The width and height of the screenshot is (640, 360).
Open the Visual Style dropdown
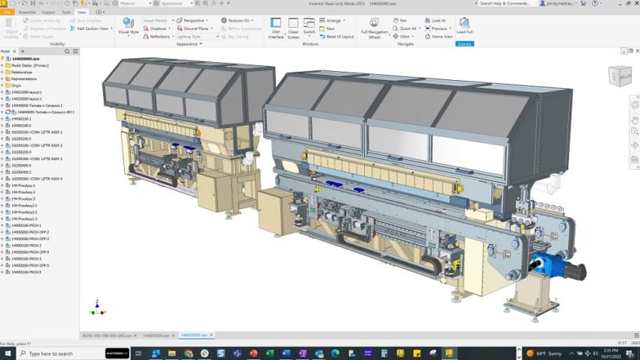[128, 27]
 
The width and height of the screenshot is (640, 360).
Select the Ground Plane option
[195, 28]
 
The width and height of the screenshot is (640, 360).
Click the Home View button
[442, 36]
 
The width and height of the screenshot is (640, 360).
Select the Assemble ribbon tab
[27, 12]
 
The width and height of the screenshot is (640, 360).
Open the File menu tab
[7, 12]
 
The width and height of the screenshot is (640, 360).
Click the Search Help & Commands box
[509, 3]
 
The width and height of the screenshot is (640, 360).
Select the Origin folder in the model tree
[16, 86]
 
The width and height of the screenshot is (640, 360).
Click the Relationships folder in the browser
[22, 72]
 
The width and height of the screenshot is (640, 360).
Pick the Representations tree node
[24, 78]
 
